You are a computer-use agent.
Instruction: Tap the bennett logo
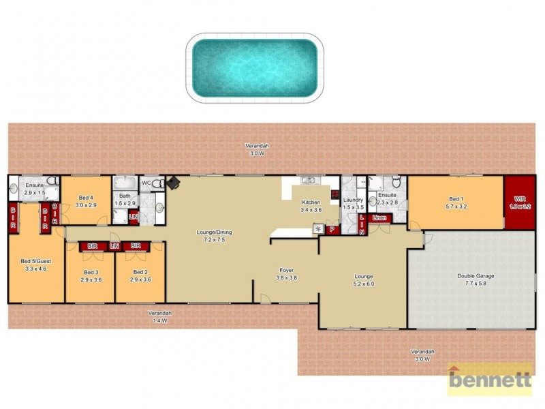pyautogui.click(x=489, y=379)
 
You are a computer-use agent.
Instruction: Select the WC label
pyautogui.click(x=146, y=183)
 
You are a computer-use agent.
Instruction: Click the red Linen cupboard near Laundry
pyautogui.click(x=379, y=218)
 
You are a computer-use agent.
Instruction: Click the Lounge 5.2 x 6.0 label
pyautogui.click(x=363, y=279)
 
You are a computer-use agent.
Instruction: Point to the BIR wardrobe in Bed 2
pyautogui.click(x=136, y=245)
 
